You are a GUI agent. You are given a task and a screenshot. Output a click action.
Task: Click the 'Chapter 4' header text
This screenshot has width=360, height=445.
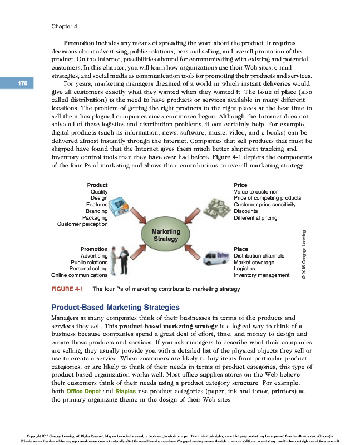64,26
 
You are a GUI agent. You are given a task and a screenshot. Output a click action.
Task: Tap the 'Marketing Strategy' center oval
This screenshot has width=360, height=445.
166,235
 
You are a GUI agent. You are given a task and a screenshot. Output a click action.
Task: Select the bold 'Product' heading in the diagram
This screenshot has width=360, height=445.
97,185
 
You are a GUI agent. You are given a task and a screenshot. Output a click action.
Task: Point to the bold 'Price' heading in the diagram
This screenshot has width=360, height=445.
240,185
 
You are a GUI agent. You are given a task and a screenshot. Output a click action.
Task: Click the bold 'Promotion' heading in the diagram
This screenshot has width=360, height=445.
94,249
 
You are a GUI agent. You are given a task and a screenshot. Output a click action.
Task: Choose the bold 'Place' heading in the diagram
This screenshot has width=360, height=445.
241,249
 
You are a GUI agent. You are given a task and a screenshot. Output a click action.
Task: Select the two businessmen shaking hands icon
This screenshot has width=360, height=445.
118,260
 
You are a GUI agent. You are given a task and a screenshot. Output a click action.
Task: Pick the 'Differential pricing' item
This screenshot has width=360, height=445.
255,218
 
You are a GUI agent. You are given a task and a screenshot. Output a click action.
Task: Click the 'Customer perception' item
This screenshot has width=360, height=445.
82,224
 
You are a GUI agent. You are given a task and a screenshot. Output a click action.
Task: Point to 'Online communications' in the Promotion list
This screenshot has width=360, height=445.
79,275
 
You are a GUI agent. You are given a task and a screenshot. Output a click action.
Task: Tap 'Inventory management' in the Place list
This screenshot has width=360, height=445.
262,275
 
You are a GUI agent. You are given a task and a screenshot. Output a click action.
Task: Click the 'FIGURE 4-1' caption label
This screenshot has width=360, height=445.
67,289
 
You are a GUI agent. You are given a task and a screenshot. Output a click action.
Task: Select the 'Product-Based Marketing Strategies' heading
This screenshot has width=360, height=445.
115,307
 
